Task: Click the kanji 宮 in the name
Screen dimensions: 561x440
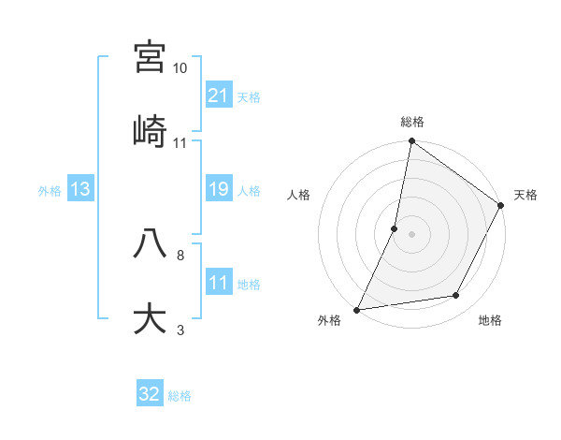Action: tap(150, 58)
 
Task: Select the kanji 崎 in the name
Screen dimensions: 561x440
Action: tap(150, 131)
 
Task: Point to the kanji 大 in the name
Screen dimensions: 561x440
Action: tap(150, 318)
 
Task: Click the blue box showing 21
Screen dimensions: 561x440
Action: tap(219, 95)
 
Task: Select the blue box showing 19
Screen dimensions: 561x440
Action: tap(219, 189)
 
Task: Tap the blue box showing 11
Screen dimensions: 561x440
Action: tap(219, 283)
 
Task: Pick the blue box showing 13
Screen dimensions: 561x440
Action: tap(80, 189)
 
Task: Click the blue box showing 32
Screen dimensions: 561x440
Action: tap(150, 394)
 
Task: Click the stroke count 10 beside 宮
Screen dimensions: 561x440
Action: tap(180, 68)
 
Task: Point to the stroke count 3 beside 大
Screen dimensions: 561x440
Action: tap(180, 330)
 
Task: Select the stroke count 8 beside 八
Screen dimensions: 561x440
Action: tap(180, 255)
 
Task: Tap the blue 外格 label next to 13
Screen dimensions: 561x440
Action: tap(50, 190)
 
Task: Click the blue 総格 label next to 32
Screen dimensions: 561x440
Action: tap(180, 395)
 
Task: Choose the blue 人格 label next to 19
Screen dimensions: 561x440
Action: tap(249, 190)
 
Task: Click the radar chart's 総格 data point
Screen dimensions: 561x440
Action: tap(411, 142)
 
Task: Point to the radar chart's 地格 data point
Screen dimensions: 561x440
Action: tap(456, 296)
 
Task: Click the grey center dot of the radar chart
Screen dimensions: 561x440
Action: tap(411, 234)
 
